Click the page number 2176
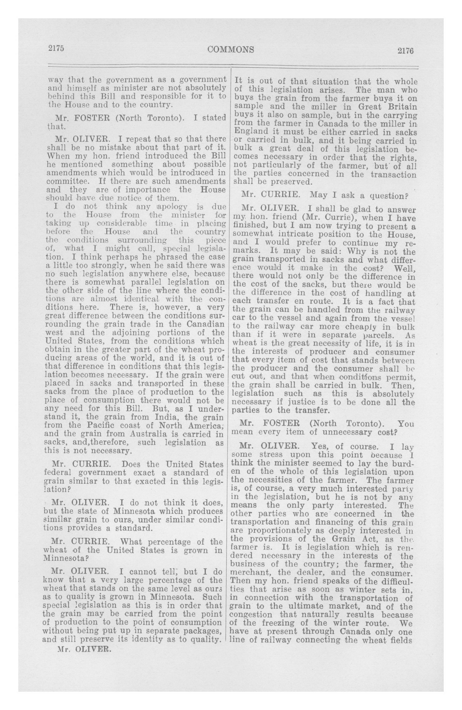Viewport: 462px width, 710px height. tap(405, 51)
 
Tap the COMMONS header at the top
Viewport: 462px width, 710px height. tap(231, 50)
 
